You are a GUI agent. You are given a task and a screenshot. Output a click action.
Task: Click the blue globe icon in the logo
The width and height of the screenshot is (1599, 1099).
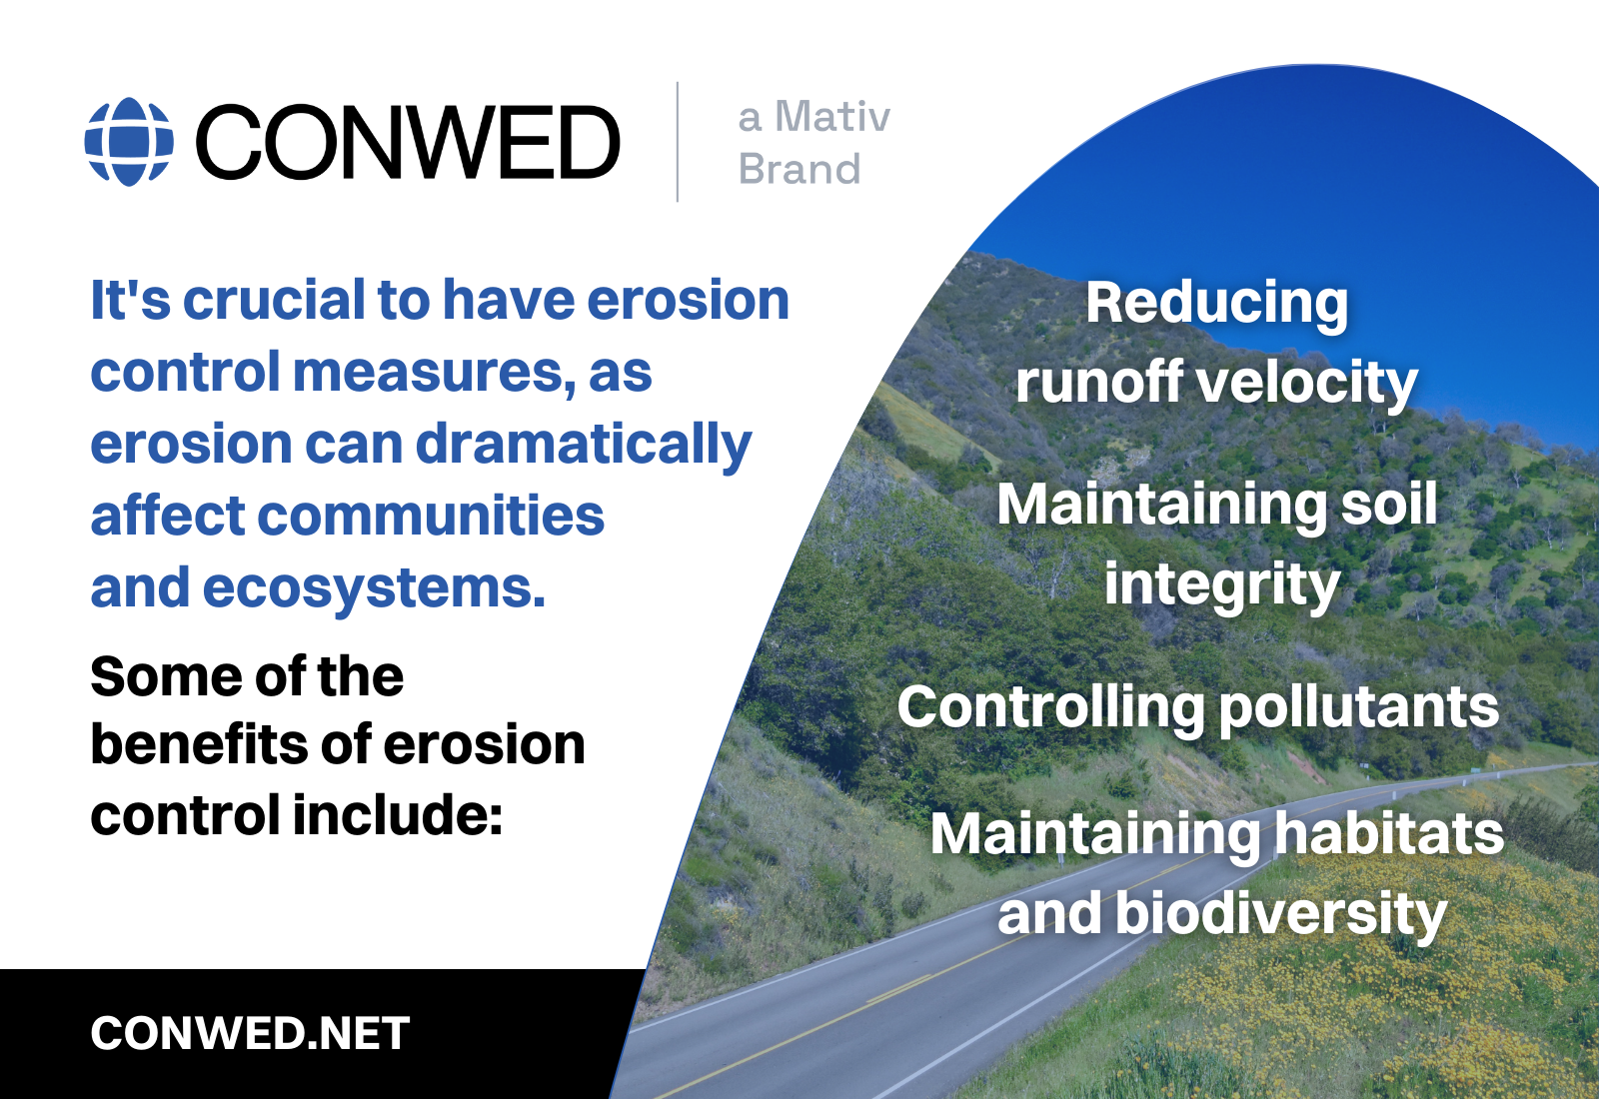click(129, 141)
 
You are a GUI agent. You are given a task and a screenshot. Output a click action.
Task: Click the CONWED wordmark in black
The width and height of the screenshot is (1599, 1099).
click(408, 141)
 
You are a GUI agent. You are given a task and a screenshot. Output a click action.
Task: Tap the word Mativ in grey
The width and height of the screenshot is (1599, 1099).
click(832, 116)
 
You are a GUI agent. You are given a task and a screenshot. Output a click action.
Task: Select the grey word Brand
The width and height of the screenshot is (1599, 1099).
click(799, 169)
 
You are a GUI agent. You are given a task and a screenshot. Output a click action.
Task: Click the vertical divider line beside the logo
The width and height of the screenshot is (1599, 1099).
click(677, 142)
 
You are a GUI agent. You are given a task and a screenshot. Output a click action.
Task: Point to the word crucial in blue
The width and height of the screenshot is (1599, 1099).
click(274, 300)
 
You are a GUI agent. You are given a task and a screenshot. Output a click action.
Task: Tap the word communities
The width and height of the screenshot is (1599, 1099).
click(431, 516)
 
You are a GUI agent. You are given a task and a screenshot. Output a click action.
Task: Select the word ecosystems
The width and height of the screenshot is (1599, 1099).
click(374, 588)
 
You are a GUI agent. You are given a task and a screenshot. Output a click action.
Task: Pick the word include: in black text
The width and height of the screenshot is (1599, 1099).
click(398, 815)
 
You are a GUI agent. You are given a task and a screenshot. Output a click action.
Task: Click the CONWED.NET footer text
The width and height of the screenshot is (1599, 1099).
click(250, 1033)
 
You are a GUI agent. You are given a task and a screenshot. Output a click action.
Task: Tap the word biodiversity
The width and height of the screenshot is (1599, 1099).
click(1281, 915)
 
